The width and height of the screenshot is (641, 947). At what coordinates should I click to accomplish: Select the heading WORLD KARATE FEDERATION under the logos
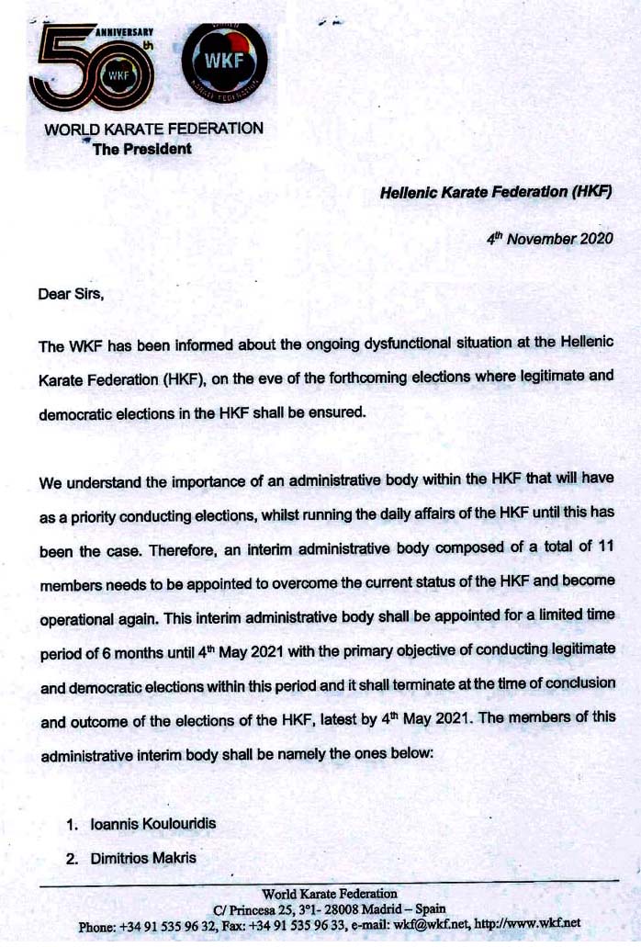(x=154, y=130)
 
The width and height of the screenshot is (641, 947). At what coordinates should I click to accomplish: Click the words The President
(x=142, y=149)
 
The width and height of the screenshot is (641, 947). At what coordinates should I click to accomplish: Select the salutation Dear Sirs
(x=72, y=295)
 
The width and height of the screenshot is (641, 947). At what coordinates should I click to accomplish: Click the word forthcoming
(x=332, y=380)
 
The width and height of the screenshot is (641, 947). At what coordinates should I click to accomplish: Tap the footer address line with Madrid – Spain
(x=330, y=908)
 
